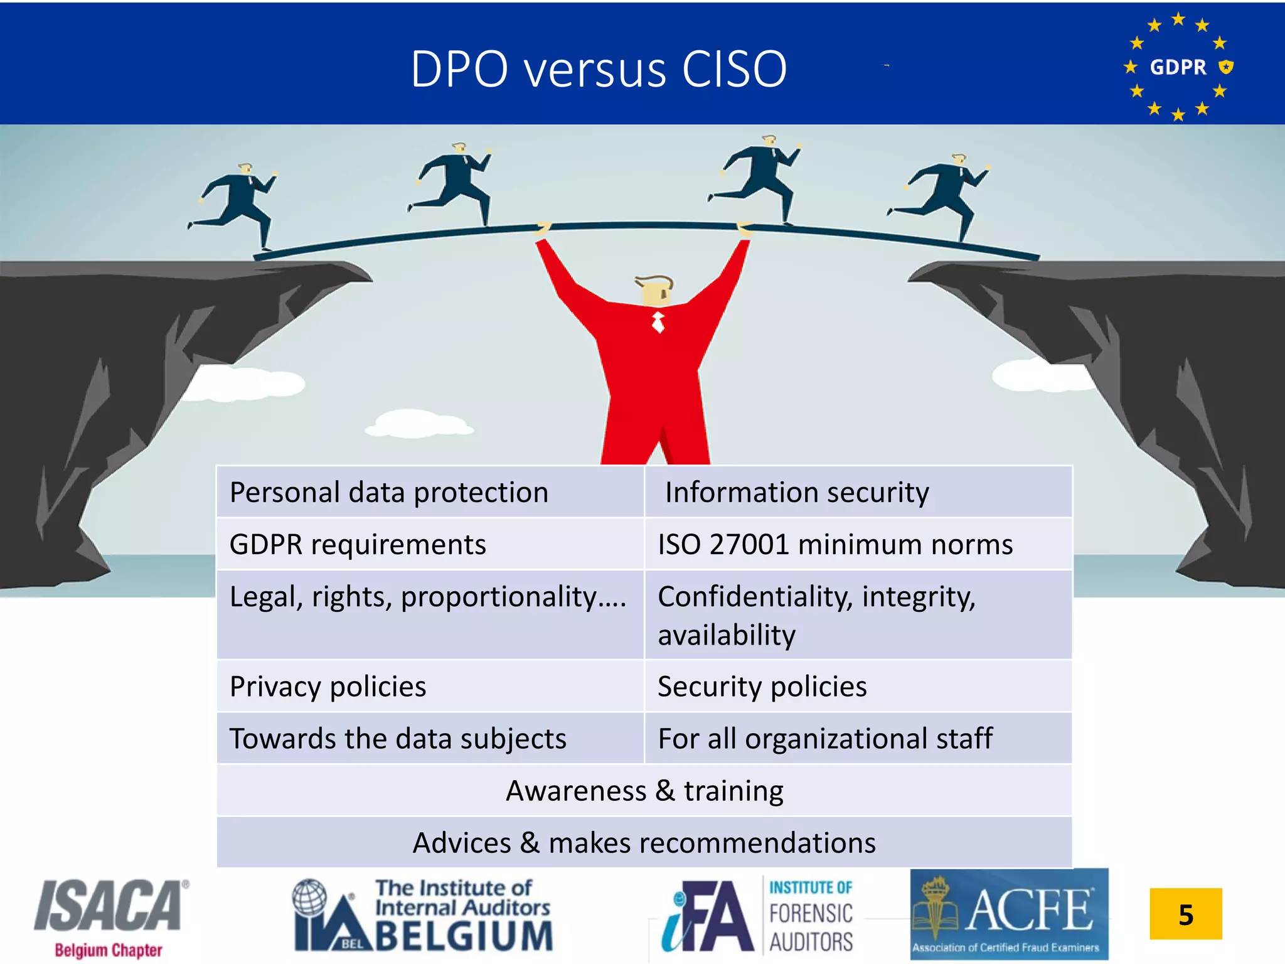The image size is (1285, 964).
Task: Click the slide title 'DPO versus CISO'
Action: (x=599, y=68)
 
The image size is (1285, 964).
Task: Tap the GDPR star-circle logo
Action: (x=1178, y=67)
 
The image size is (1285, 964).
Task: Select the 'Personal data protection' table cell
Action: (x=430, y=492)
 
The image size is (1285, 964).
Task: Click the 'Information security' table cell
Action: (x=858, y=492)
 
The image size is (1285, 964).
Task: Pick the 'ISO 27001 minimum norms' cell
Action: (x=858, y=544)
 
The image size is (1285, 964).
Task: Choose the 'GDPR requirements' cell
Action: (x=430, y=544)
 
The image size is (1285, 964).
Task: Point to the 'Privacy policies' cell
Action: (x=430, y=686)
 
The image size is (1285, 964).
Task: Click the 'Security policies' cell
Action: (x=858, y=686)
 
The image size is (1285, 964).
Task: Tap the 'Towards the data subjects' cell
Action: (x=430, y=738)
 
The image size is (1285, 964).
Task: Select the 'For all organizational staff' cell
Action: (x=858, y=738)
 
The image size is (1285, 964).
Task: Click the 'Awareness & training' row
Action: (x=644, y=790)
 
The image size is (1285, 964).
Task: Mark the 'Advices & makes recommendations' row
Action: (x=644, y=842)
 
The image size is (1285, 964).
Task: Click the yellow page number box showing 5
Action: (x=1185, y=914)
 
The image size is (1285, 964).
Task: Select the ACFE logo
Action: (x=1009, y=914)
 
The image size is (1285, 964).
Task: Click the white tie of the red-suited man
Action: (x=658, y=322)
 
